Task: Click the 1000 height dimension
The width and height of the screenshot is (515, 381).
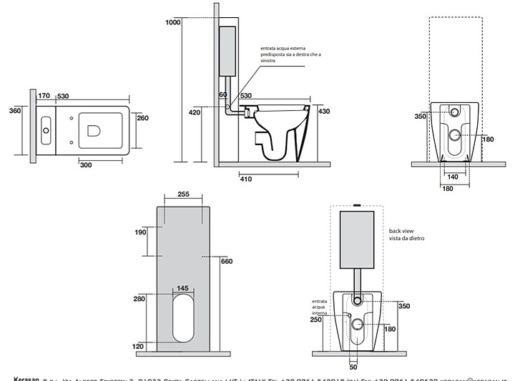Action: [174, 23]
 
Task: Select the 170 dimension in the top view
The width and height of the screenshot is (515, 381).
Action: [44, 95]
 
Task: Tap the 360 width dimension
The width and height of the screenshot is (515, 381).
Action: [15, 111]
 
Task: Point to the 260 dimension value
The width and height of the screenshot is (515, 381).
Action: [143, 118]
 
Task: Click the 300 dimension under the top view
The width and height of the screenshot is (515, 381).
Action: [87, 165]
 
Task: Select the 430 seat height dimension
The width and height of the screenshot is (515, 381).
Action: [323, 111]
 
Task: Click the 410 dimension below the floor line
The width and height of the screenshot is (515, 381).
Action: [246, 179]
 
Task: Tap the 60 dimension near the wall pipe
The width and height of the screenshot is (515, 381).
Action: [222, 95]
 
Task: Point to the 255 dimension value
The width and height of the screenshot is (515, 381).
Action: [182, 194]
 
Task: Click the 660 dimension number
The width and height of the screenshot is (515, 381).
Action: [227, 261]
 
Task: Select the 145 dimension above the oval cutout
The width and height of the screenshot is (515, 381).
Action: [182, 288]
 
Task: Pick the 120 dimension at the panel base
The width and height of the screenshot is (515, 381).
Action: [140, 346]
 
